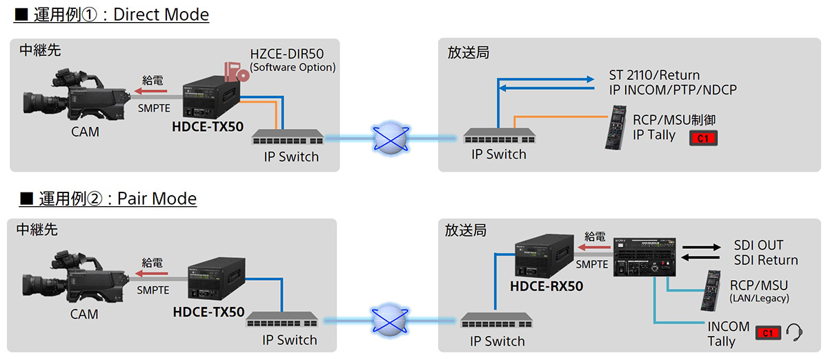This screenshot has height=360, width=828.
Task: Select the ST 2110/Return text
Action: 654,75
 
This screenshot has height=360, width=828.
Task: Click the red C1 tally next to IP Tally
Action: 703,139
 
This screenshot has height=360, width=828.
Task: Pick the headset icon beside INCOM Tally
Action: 794,332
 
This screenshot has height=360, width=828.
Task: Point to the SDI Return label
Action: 766,260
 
